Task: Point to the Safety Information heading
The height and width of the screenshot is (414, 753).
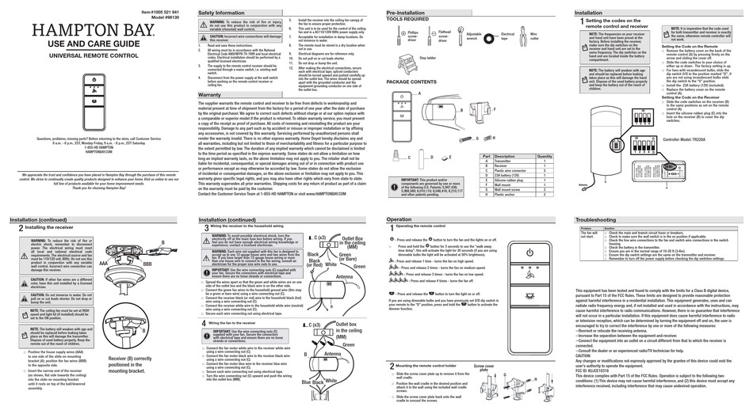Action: pyautogui.click(x=221, y=13)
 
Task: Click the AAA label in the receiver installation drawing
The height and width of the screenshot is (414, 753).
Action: pyautogui.click(x=103, y=261)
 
